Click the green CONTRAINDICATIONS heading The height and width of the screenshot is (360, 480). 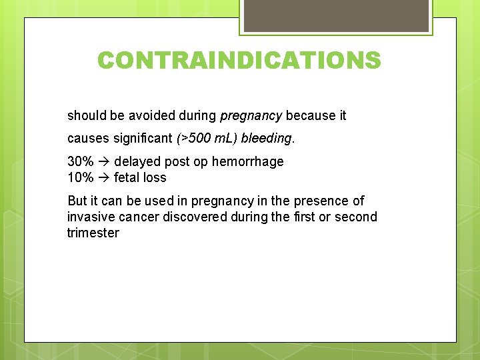click(x=239, y=61)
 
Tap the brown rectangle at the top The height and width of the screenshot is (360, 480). click(x=336, y=15)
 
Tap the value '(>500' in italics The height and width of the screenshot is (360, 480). click(x=193, y=138)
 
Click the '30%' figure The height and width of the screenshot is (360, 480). click(x=80, y=161)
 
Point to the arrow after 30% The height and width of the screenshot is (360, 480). click(x=103, y=161)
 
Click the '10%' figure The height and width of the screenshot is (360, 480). click(x=80, y=177)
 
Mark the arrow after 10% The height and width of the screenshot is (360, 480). click(x=103, y=177)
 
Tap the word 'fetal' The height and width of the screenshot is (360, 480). click(x=127, y=177)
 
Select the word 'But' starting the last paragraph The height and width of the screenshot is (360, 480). click(x=77, y=201)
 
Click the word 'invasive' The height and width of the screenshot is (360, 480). click(x=91, y=217)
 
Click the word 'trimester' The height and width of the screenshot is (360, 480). click(x=93, y=233)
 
